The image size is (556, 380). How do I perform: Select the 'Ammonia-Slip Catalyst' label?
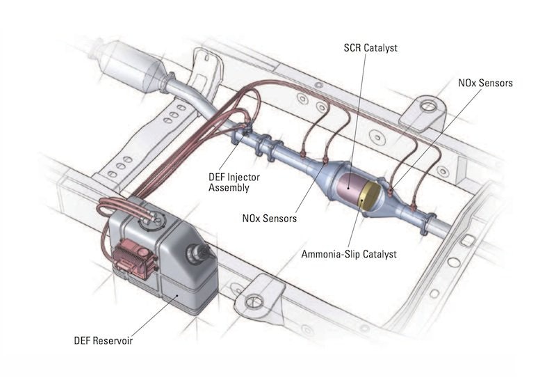349,254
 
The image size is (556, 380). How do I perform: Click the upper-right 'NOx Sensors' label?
485,83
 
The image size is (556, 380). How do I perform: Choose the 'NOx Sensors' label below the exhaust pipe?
270,219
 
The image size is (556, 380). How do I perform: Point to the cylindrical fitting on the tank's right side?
204,253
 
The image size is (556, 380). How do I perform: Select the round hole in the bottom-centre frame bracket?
254,301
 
